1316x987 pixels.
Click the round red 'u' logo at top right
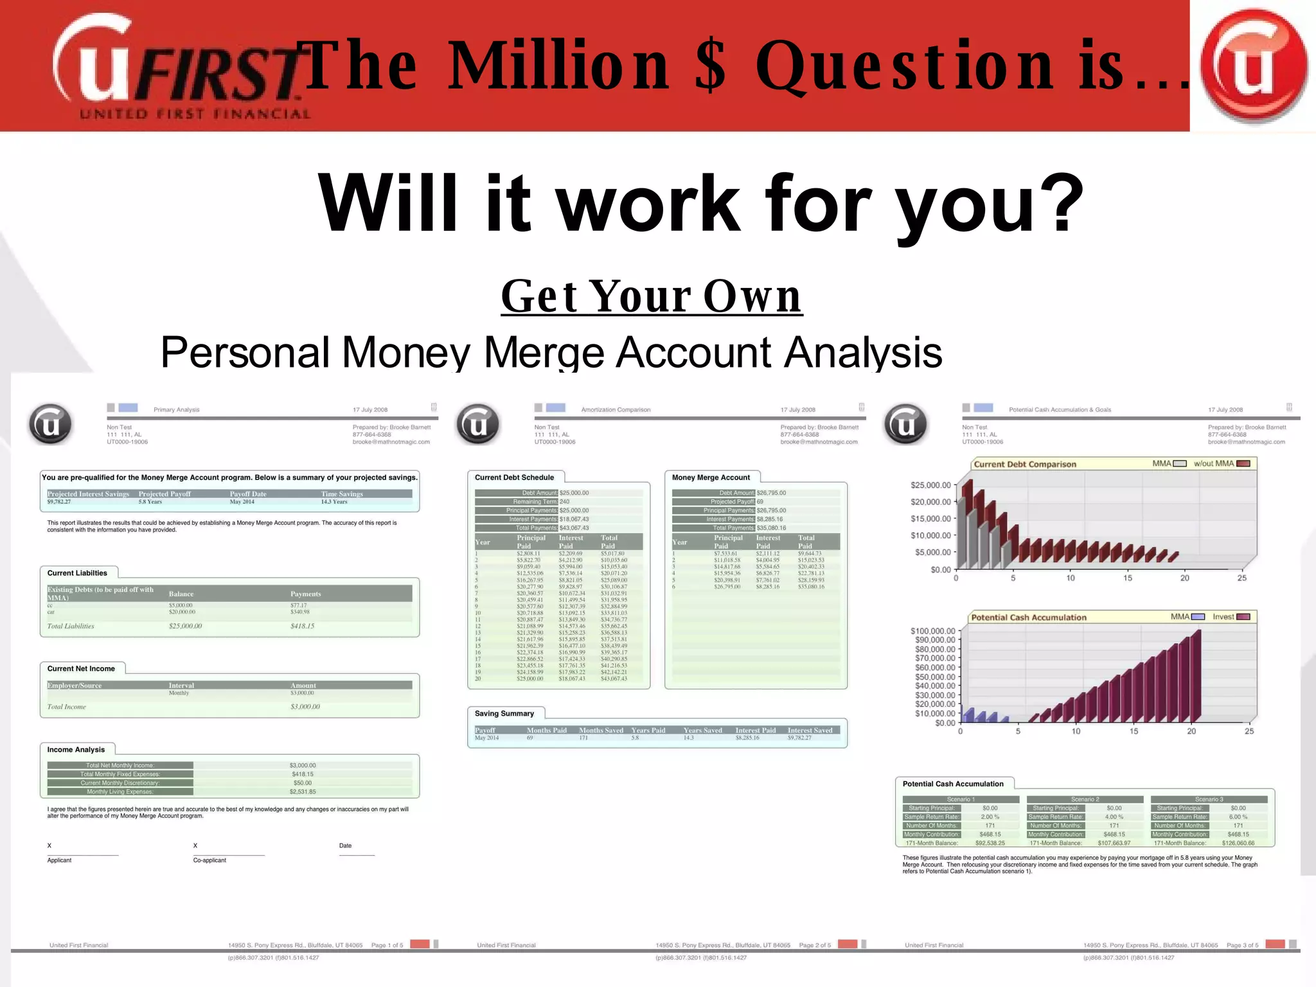(1253, 66)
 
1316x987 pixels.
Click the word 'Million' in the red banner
(558, 66)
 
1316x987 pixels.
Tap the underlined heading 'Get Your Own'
(652, 296)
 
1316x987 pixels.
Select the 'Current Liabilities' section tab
(77, 573)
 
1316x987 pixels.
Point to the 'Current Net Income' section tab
(81, 669)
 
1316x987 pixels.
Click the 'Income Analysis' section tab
(76, 750)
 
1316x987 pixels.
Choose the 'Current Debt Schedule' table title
(514, 477)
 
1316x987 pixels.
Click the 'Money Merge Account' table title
(711, 477)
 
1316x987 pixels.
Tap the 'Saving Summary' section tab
(504, 714)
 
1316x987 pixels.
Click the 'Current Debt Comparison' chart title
(1025, 465)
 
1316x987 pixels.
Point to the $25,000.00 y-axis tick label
(930, 486)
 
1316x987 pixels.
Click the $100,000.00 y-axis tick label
(933, 631)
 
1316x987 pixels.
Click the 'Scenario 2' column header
(1085, 799)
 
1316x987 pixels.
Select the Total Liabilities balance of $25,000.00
(185, 627)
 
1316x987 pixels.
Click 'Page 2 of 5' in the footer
(815, 945)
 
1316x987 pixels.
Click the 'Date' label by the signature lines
(345, 846)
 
